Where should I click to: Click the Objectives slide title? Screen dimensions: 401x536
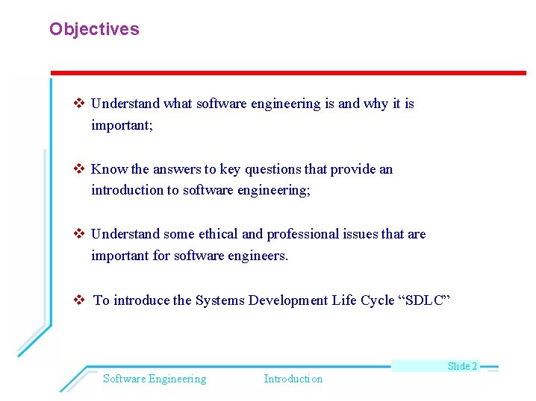coord(94,30)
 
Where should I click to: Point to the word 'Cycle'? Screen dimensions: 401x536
coord(363,300)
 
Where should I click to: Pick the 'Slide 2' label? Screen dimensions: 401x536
coord(462,366)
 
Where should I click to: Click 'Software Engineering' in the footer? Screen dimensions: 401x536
coord(155,379)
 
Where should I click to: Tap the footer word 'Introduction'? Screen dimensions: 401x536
coord(293,379)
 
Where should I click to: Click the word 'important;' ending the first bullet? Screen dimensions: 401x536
coord(122,126)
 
